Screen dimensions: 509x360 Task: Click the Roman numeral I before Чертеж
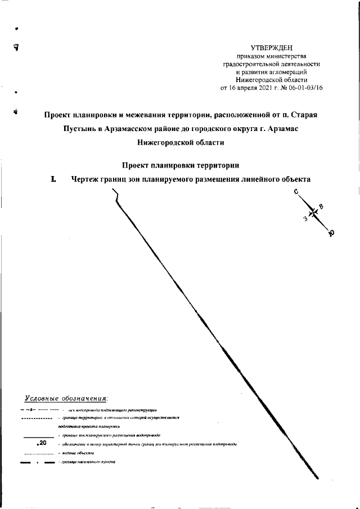[53, 179]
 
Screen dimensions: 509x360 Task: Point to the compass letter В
[321, 206]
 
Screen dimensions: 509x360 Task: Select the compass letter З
[304, 219]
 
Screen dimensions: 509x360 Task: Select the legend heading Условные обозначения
[66, 399]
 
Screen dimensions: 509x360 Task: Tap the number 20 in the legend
[42, 444]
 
